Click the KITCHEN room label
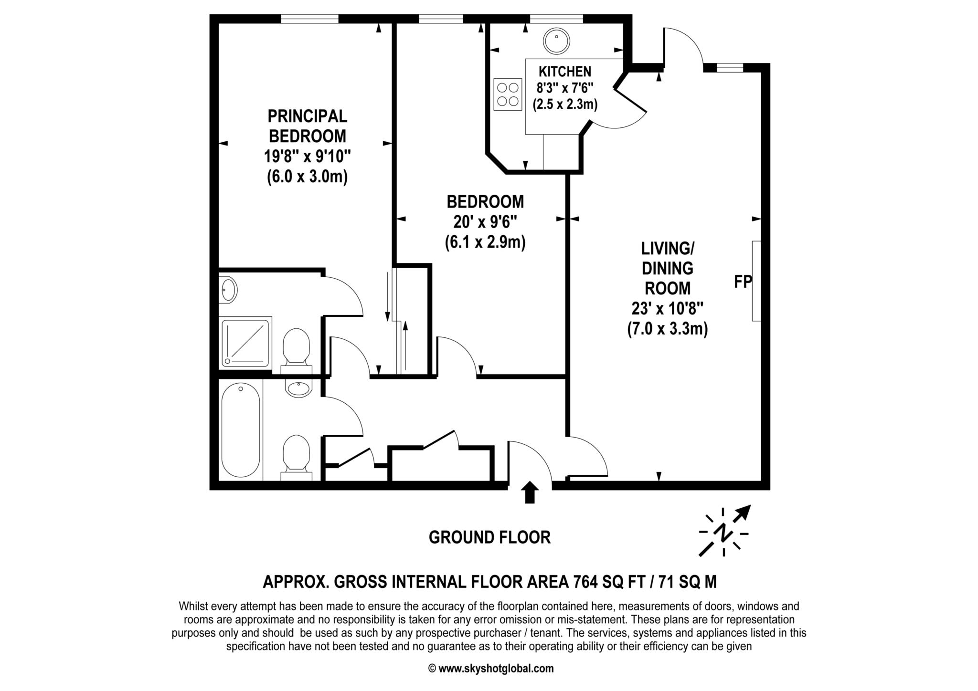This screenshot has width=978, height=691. pos(564,72)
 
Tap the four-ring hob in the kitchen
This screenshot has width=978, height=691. pos(507,94)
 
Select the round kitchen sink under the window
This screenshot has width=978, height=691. pos(556,42)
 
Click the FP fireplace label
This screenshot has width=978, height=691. pos(743,282)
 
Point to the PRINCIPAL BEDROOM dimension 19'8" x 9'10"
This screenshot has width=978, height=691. pos(307,157)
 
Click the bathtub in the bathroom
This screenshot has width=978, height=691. pos(241,429)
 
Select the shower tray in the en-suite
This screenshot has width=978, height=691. pos(245,343)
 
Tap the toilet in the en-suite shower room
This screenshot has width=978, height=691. pos(296,347)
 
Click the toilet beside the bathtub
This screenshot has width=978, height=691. pos(296,454)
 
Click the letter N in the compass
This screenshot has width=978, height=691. pos(724,532)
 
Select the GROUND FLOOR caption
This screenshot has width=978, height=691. pos(489,537)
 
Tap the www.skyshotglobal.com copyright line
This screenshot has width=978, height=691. pos(491,669)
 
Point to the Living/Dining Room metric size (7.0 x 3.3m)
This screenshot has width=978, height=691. pos(667,329)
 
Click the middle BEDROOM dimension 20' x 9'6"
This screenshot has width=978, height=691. pos(485,222)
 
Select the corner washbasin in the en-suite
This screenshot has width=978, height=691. pos(228,289)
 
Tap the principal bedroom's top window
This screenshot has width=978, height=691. pos(309,19)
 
